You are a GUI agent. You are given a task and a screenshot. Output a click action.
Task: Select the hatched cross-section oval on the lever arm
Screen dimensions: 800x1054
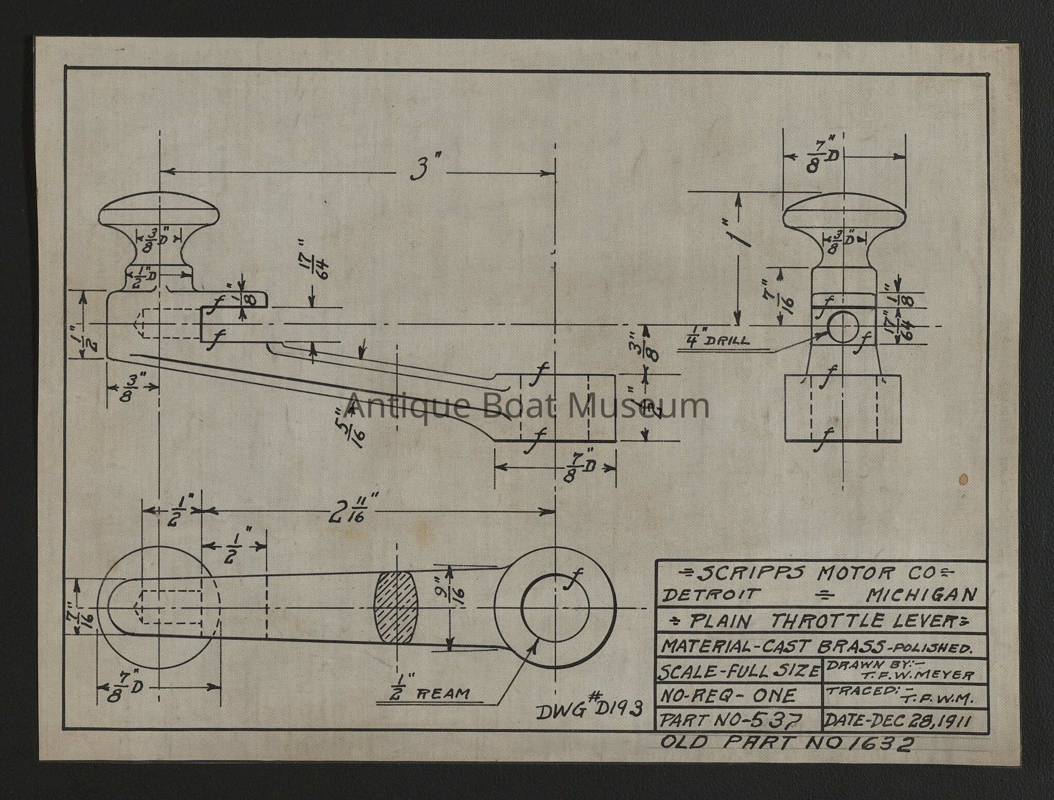(x=396, y=607)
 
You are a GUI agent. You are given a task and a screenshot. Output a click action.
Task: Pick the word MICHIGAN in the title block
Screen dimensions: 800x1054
(x=921, y=595)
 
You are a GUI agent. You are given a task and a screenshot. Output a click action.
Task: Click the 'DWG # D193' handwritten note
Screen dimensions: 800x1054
(x=589, y=710)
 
